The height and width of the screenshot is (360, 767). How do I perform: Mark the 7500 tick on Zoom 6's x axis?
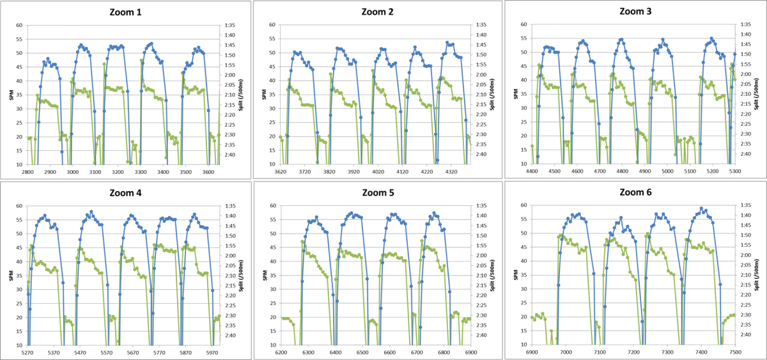734,352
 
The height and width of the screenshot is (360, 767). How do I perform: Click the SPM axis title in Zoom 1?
10,95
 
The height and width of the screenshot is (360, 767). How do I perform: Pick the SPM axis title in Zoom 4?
10,276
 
